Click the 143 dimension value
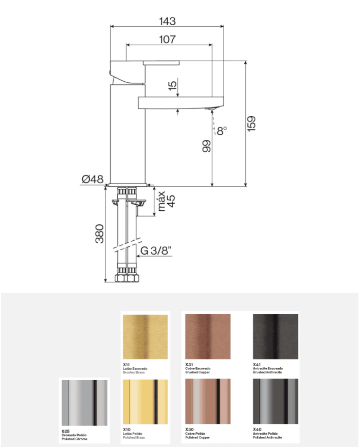[167, 21]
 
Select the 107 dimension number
[167, 39]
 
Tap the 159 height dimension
[251, 124]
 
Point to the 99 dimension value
[206, 146]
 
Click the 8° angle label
[222, 131]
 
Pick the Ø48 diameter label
[93, 179]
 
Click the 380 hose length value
[99, 234]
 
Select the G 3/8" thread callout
[156, 251]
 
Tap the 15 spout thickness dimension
[172, 85]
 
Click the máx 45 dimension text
[166, 202]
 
